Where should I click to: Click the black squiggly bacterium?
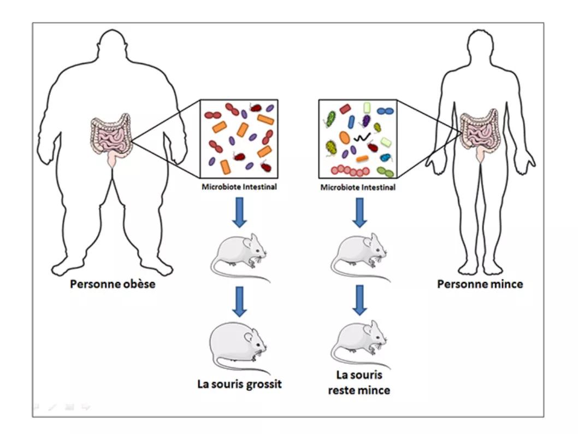coord(361,136)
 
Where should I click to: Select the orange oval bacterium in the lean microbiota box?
coord(345,137)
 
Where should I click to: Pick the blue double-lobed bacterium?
coord(385,111)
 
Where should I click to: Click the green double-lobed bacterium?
coord(386,172)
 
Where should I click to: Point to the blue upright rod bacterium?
coord(351,121)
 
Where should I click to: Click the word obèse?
coord(135,284)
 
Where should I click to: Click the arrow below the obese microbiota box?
coord(239,213)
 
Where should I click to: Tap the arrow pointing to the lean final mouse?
coord(359,300)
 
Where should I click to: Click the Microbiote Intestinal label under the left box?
coord(239,187)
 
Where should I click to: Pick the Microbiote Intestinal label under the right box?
coord(358,187)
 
